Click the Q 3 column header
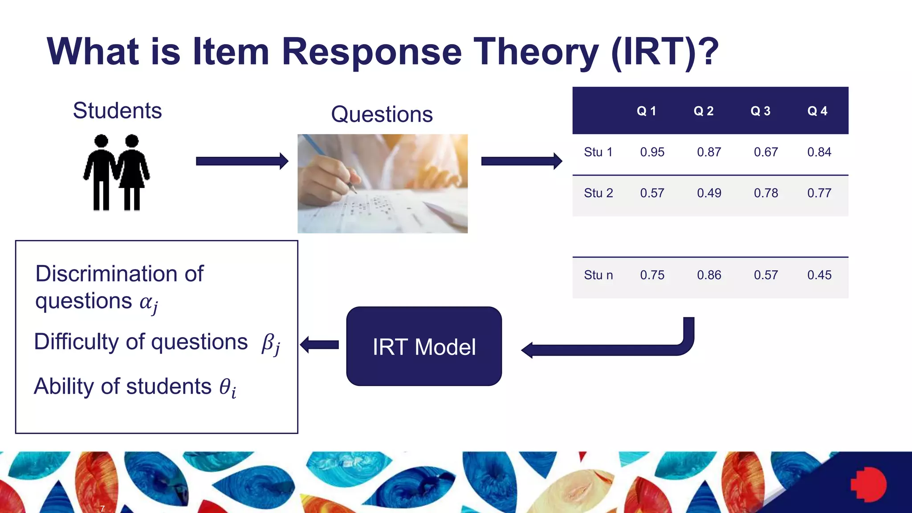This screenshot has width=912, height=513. (x=760, y=111)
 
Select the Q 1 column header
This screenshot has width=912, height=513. (x=646, y=111)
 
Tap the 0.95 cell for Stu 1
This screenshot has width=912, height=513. (x=652, y=152)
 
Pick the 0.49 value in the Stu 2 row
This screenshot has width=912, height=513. (x=709, y=193)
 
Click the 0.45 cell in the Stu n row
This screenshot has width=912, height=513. (x=819, y=275)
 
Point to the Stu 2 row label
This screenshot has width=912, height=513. (x=598, y=193)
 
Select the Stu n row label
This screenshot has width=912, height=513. (x=598, y=275)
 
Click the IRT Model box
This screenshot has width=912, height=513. (x=424, y=346)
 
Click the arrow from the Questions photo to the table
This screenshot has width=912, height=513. (x=521, y=161)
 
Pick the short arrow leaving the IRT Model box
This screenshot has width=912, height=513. (x=320, y=345)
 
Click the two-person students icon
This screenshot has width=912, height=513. (x=117, y=173)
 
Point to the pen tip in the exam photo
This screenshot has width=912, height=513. (x=355, y=191)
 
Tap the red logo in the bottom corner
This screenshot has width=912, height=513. (x=868, y=484)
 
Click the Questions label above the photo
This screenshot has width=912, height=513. (x=382, y=114)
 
